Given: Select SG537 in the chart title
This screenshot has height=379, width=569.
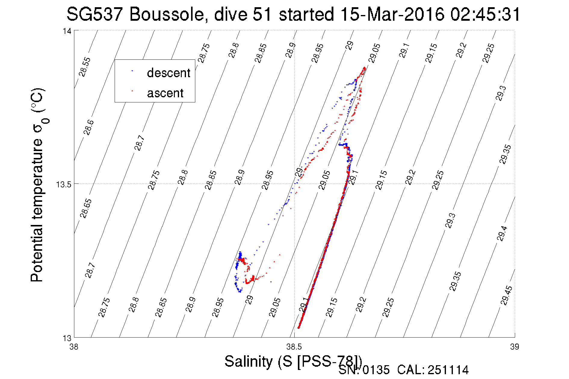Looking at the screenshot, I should pos(94,14).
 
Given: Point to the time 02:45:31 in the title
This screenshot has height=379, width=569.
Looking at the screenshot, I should pos(485,14).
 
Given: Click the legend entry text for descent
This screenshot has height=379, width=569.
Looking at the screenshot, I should pos(169,73).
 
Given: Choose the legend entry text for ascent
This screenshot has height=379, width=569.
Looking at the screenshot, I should pos(165,93).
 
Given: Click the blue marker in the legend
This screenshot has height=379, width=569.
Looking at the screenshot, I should pos(132,71).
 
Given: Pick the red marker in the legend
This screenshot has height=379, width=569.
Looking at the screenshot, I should pos(132,90).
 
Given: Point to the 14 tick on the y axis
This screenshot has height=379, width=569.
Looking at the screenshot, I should pos(67,31).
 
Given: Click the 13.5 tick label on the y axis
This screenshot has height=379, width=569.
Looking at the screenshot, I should pos(64,184).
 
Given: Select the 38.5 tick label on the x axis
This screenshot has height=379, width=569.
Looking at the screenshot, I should pos(294,347).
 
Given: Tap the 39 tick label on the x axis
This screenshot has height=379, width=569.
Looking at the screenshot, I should pos(515,347).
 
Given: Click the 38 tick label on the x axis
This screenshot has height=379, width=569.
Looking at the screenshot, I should pos(74,347).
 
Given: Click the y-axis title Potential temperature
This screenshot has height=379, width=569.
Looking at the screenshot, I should pos(38,185).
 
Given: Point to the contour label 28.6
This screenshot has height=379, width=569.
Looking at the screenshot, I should pos(88,128).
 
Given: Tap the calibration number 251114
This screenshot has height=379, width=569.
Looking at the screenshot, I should pos(448,370).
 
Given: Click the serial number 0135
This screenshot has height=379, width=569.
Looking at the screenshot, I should pos(376,370).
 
